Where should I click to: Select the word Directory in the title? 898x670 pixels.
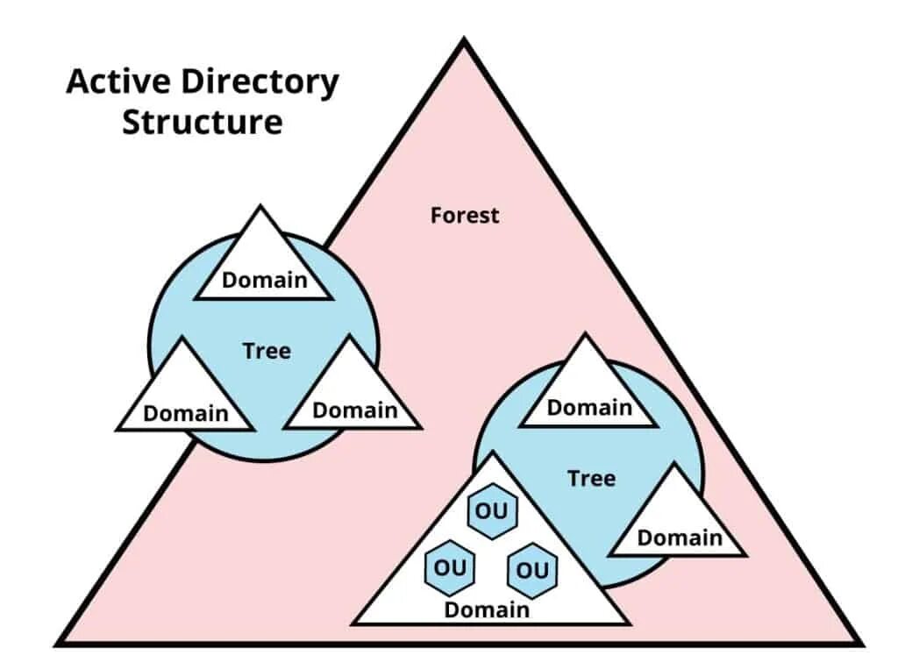click(260, 82)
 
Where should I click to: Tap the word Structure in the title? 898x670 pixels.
click(202, 122)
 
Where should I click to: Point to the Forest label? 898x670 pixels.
click(465, 215)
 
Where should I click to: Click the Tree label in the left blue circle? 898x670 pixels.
click(267, 351)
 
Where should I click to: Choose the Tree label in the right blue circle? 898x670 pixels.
click(591, 479)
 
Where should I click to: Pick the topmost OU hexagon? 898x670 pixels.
click(492, 510)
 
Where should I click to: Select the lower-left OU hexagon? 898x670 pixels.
click(451, 567)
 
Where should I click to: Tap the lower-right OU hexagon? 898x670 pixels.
click(531, 570)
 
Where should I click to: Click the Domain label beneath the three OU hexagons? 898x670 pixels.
click(487, 609)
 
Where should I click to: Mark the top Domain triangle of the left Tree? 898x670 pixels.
click(263, 263)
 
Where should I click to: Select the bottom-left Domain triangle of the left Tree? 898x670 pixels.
click(185, 399)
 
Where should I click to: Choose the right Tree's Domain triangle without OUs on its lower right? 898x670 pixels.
click(679, 522)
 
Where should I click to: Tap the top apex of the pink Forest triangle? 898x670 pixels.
click(464, 42)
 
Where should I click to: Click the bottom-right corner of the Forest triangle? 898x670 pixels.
click(858, 643)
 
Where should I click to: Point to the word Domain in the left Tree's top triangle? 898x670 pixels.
click(265, 281)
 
